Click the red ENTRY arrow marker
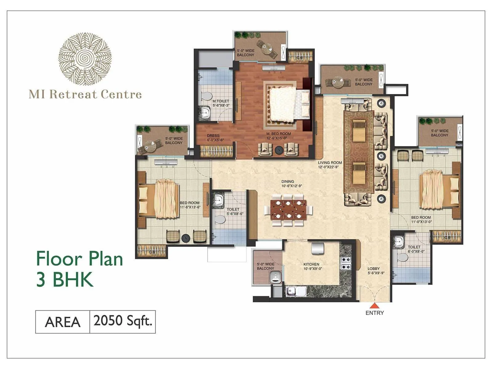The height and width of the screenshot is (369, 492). coord(374,306)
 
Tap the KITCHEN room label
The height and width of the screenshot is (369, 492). coord(311,264)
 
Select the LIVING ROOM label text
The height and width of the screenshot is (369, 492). coord(330,163)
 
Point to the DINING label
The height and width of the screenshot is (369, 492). coord(288,181)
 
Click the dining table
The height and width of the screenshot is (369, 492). coord(288,209)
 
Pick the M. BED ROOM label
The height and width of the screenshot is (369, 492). coord(278,134)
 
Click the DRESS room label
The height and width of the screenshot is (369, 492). coord(213,136)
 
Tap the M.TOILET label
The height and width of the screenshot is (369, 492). coord(221,101)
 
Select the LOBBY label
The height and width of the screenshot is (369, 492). coord(374,268)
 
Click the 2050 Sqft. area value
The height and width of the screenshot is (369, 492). coord(123,321)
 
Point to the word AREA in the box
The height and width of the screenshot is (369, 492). coord(63,322)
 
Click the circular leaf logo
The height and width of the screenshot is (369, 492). coord(85,59)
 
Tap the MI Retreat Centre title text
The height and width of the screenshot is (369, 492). coord(85,94)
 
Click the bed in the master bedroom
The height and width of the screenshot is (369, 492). coord(288,103)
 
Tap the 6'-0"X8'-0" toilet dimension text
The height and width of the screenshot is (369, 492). coord(414,251)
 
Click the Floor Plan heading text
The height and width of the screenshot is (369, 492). coord(80,259)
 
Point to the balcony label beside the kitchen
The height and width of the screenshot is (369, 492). coord(265,266)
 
